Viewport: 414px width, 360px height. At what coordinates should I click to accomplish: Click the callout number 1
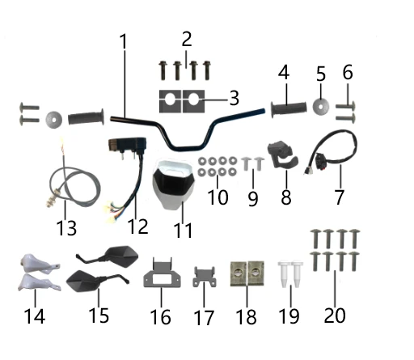click(x=124, y=41)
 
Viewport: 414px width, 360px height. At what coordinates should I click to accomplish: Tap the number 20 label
click(x=335, y=315)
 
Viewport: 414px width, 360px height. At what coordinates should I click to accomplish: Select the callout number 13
click(x=66, y=228)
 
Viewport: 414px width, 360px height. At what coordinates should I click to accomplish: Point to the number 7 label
click(x=339, y=197)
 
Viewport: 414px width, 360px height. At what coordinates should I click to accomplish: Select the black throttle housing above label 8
click(x=283, y=155)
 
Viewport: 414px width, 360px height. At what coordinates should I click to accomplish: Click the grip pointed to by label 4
click(x=289, y=108)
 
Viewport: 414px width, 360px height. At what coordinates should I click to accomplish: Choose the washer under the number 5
click(x=321, y=106)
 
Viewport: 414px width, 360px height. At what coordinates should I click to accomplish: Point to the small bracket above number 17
click(x=205, y=277)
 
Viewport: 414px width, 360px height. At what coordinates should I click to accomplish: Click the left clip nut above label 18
click(x=239, y=273)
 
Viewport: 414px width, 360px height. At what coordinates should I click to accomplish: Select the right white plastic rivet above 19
click(x=298, y=273)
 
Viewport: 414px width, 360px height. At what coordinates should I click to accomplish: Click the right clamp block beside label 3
click(x=194, y=101)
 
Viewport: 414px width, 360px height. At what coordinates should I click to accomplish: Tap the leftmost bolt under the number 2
click(x=163, y=70)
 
